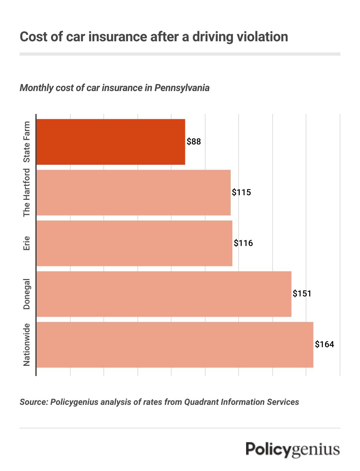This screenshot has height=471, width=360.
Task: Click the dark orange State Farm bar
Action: tap(111, 142)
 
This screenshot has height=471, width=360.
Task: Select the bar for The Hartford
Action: tap(134, 193)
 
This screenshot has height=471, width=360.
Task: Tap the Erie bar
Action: tap(134, 243)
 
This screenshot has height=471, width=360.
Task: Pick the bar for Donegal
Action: tap(164, 294)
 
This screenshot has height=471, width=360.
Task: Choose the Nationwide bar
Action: tap(175, 345)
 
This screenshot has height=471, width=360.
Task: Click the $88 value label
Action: tap(194, 142)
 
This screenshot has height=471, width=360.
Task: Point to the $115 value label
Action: tap(242, 193)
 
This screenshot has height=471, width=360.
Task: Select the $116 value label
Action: tap(243, 243)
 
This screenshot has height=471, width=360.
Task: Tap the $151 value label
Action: tap(302, 294)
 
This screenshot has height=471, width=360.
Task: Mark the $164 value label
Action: tap(324, 345)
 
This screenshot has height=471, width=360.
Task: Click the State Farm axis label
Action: tap(27, 142)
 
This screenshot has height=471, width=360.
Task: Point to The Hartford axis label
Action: tap(27, 193)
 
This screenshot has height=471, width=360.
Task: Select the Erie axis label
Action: tap(27, 243)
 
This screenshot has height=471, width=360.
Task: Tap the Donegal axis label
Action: tap(27, 294)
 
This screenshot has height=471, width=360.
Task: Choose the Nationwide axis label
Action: tap(27, 345)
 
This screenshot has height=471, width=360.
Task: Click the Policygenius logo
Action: tap(293, 449)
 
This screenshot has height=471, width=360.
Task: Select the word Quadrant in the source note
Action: tap(200, 402)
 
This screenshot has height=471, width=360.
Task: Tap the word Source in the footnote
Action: tap(33, 402)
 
